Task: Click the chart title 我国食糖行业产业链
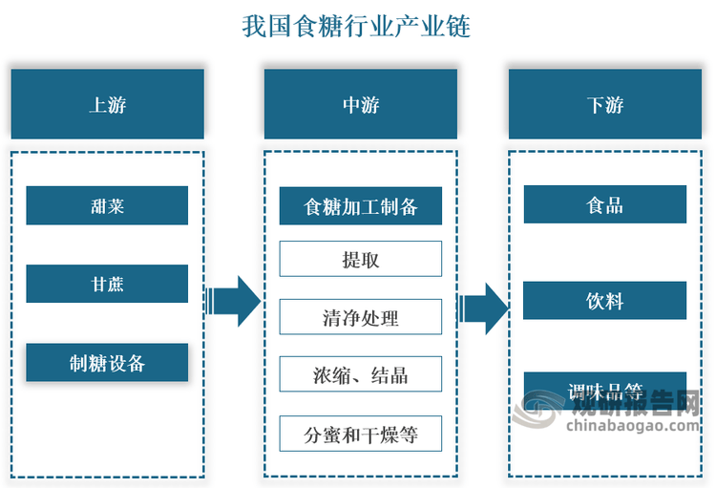pos(356,26)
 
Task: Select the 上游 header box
pos(108,104)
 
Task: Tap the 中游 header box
pos(361,104)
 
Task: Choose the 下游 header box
pos(605,104)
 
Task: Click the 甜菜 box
pos(107,205)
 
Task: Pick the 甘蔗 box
pos(107,284)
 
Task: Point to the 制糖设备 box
pos(107,362)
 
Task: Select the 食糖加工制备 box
pos(361,206)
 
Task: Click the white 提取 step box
pos(361,259)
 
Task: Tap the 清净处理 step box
pos(361,317)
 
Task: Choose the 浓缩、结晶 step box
pos(361,374)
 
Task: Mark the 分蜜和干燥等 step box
pos(361,434)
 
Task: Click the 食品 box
pos(605,204)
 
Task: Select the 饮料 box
pos(605,301)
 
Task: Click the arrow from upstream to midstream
pos(233,301)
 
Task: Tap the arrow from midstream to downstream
pos(483,308)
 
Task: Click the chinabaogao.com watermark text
pos(633,426)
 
